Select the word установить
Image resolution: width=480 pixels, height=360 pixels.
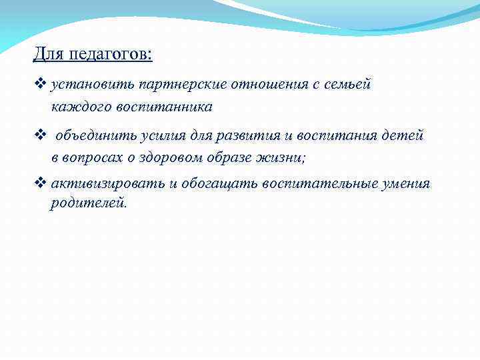(92, 85)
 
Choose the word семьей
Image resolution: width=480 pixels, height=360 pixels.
(347, 85)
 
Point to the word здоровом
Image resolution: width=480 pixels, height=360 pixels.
(185, 157)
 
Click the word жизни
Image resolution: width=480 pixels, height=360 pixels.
(287, 157)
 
